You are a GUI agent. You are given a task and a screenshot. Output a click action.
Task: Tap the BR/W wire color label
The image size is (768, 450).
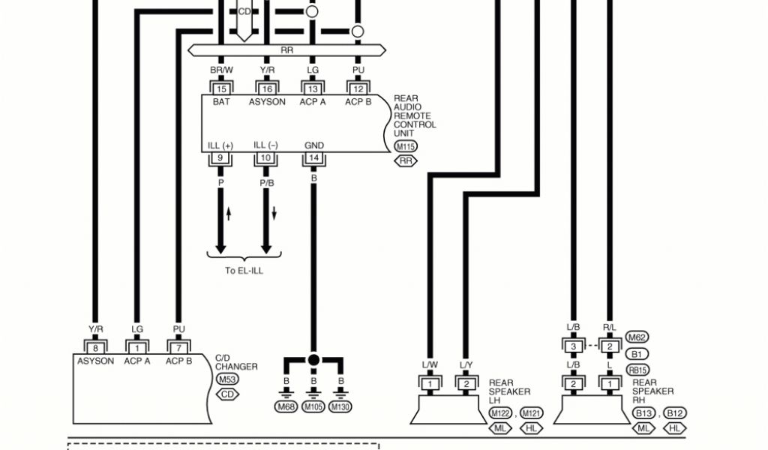pos(221,70)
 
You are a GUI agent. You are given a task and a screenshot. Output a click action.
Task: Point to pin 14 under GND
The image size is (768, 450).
pos(313,158)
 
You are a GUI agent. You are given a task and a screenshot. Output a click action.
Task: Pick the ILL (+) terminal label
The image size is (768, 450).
pos(221,145)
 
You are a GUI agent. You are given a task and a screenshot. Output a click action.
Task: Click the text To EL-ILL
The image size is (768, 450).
pos(244,271)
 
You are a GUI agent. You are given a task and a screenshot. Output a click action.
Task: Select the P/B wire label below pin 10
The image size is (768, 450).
pos(266,182)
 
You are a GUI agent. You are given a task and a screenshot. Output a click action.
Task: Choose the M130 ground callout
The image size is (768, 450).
pos(341,407)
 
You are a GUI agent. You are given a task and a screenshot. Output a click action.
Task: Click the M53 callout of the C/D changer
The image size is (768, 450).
pos(228,379)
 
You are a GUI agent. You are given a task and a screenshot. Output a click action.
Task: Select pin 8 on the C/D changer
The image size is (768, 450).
pos(95,347)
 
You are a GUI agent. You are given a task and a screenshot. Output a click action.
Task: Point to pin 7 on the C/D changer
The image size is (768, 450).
pos(178,347)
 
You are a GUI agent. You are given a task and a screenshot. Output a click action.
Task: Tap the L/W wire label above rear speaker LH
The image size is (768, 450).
pos(430,365)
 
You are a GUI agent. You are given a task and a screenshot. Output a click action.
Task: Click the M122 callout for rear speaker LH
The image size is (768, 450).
pos(500,413)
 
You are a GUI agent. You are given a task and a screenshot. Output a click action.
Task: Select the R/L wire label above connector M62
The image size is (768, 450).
pos(610,328)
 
